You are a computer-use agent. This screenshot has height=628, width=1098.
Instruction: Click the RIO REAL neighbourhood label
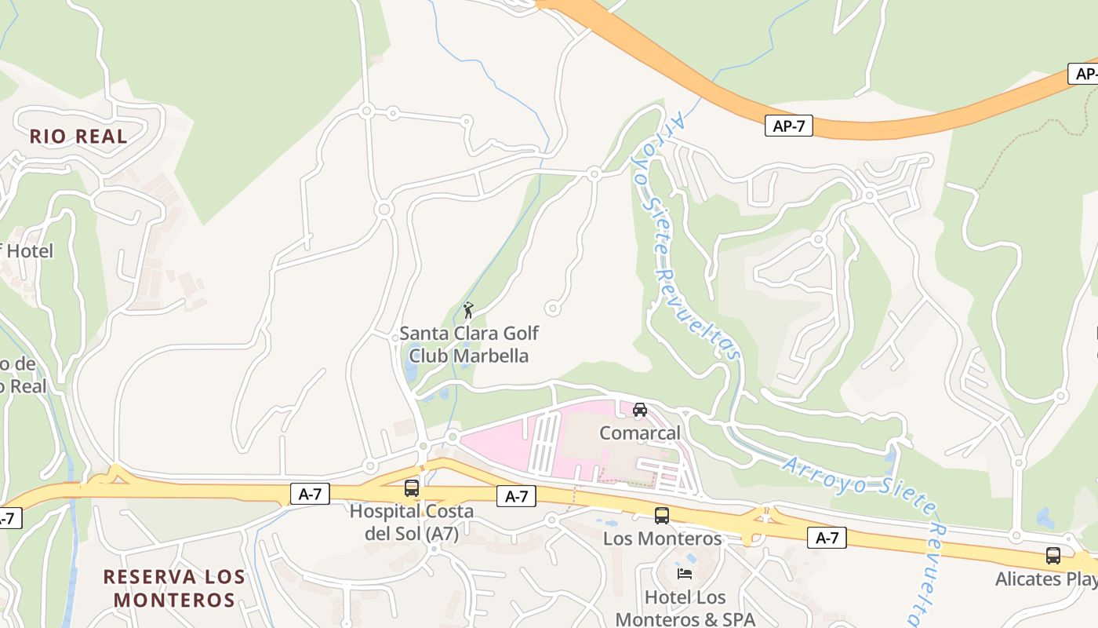(78, 137)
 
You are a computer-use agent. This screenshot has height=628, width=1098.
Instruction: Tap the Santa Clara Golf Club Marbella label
(469, 345)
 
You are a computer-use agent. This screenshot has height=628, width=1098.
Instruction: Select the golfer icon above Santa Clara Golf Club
(468, 310)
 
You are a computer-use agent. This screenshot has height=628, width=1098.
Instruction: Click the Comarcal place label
(640, 433)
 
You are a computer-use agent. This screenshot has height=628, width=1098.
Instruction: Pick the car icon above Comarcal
(640, 410)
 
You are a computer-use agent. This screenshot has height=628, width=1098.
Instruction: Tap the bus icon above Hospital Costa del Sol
(412, 488)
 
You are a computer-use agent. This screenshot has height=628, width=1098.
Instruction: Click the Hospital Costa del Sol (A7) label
(412, 522)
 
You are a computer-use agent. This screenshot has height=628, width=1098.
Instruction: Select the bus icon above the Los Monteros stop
(662, 516)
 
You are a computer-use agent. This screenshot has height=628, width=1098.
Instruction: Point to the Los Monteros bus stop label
(662, 539)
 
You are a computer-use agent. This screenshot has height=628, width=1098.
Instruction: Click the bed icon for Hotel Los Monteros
(685, 574)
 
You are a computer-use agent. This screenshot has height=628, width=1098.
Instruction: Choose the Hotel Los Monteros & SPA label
(685, 608)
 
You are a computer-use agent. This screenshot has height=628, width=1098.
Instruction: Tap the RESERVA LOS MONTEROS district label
(174, 588)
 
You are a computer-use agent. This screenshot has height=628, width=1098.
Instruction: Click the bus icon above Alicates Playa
(1053, 556)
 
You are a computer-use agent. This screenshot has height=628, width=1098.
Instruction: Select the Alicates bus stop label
(1046, 579)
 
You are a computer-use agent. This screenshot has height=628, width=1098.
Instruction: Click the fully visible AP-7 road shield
(789, 126)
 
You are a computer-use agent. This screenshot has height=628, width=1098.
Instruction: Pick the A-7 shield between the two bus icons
(516, 496)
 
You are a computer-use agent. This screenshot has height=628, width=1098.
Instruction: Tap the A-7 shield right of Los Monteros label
(827, 538)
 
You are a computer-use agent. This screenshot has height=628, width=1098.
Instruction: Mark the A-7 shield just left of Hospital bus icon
(310, 494)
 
